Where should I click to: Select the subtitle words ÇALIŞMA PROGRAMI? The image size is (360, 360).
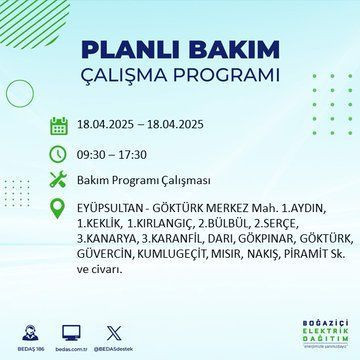pyautogui.click(x=180, y=77)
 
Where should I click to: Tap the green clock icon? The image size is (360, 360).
pyautogui.click(x=59, y=155)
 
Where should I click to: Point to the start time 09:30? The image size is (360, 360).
pyautogui.click(x=96, y=155)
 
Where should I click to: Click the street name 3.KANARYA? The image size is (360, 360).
pyautogui.click(x=106, y=241)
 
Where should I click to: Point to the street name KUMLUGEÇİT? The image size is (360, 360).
pyautogui.click(x=171, y=256)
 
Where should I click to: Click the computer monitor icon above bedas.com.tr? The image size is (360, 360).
pyautogui.click(x=71, y=332)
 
